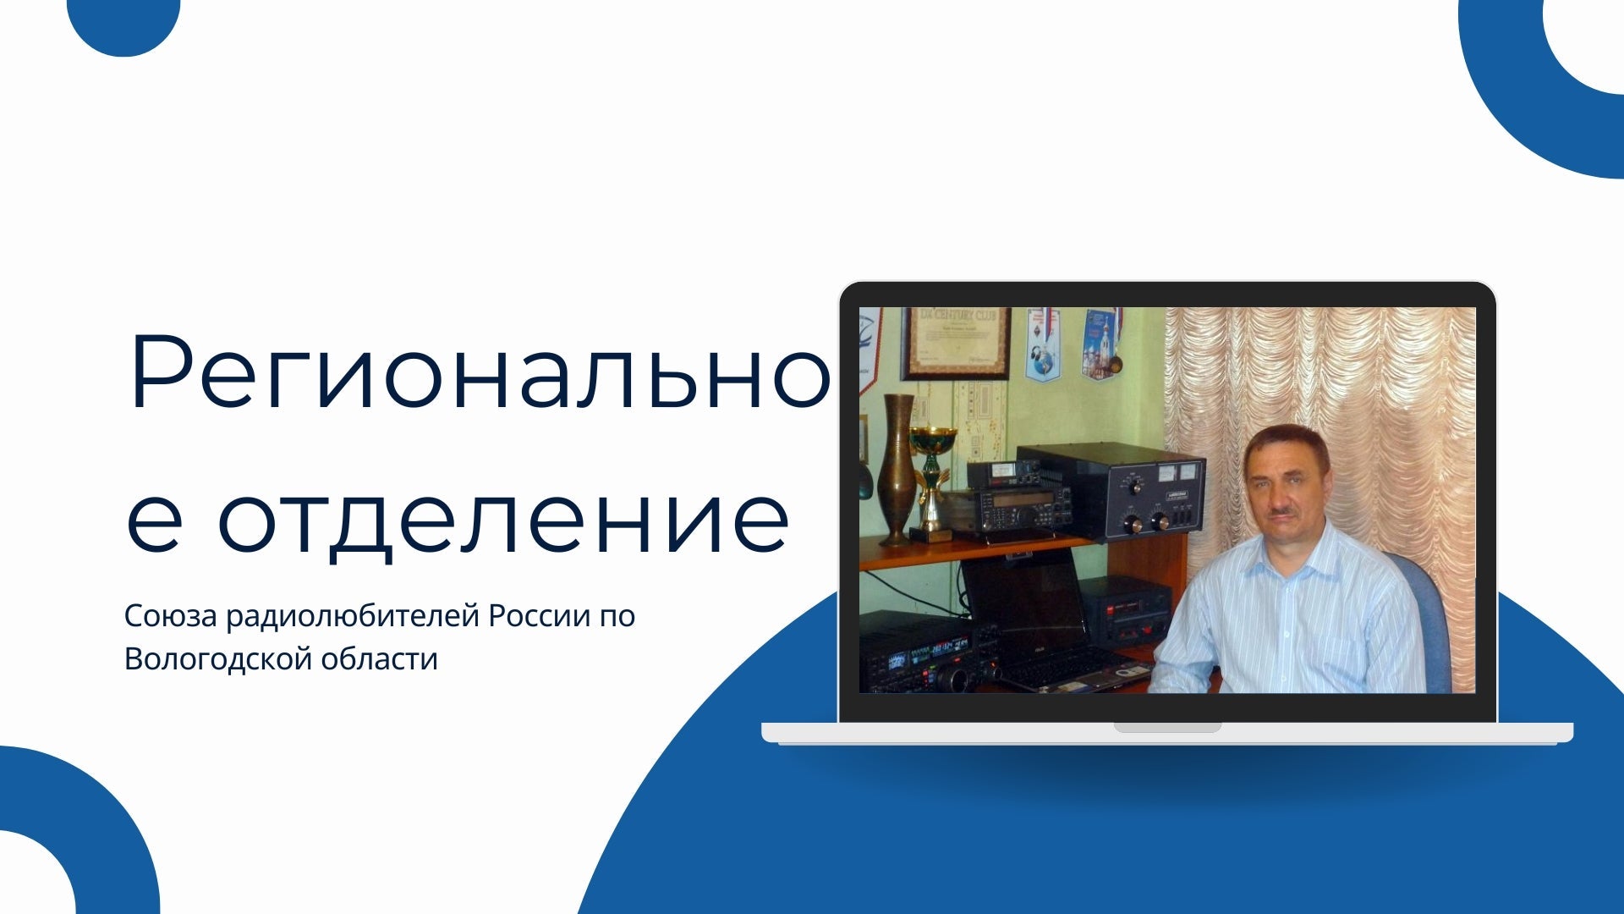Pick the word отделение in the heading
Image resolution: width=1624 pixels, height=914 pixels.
[503, 518]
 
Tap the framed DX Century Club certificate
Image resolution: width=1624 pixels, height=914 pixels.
[956, 342]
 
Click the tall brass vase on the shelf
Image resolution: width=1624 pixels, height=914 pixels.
[897, 470]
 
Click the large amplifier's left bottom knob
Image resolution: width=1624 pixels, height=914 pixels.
[1133, 526]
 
